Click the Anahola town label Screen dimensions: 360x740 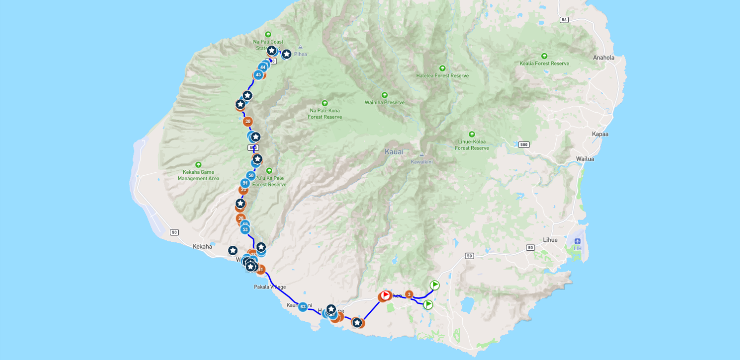coord(604,58)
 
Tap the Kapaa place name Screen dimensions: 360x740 coord(600,134)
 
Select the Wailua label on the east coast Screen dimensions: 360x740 coord(585,159)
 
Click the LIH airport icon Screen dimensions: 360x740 coord(578,241)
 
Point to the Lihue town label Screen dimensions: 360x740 coord(550,240)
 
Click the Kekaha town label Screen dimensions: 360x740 coord(202,247)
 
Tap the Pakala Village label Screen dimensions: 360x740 coord(270,287)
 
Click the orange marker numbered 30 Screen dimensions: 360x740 coord(248,121)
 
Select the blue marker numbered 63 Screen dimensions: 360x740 coord(303,307)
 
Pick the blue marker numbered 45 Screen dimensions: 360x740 coord(258,75)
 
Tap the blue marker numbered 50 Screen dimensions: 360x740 coord(251,175)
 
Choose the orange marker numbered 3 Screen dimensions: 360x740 coord(409,295)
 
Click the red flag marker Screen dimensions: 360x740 coord(386,295)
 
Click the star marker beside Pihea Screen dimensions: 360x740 coord(286,54)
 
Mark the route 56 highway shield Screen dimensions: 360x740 coord(564,20)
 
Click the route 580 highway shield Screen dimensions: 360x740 coord(523,145)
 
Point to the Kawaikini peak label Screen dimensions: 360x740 coord(421,162)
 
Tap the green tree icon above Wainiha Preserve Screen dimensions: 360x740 coord(385,95)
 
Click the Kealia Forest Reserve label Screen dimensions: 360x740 coord(544,64)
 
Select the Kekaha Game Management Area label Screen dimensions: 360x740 coord(198,176)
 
